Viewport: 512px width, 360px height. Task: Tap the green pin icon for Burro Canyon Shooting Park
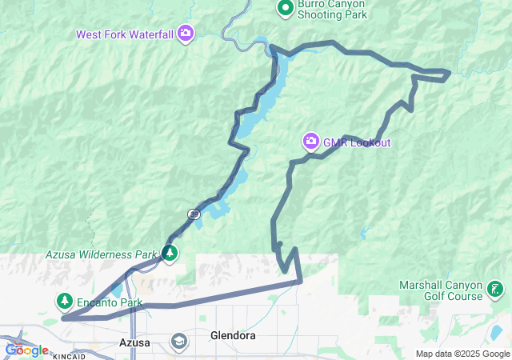(x=285, y=8)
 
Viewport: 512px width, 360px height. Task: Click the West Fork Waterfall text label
(x=125, y=34)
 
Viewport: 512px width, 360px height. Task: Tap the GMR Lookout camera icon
(x=310, y=142)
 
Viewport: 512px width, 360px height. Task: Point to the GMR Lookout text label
(x=357, y=143)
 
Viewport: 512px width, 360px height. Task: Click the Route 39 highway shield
(x=194, y=214)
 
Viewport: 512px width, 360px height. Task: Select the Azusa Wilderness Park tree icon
(x=170, y=254)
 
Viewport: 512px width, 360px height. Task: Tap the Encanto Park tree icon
(x=64, y=301)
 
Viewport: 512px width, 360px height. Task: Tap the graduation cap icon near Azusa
(x=179, y=342)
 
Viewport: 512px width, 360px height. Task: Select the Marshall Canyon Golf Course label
(x=442, y=290)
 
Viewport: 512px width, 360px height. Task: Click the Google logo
(x=26, y=350)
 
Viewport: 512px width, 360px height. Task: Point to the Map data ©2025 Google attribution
(x=462, y=354)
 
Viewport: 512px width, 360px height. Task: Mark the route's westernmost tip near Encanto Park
(x=62, y=318)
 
